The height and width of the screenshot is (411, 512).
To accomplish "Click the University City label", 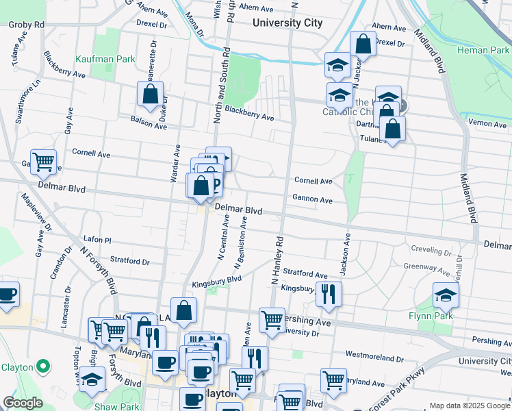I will [287, 23].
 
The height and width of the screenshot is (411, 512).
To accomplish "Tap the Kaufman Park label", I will [105, 60].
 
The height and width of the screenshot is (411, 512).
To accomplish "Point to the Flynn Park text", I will [445, 317].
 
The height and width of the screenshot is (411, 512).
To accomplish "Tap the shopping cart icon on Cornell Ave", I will [43, 162].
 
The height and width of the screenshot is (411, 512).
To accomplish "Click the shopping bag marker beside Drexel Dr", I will [363, 44].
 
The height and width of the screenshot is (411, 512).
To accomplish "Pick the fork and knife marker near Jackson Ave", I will [329, 293].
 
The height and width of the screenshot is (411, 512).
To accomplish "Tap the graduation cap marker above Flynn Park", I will [446, 295].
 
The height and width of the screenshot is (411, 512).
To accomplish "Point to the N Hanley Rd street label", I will [277, 261].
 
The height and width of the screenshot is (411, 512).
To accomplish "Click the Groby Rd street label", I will [27, 25].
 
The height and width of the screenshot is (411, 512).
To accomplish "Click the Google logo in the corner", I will [23, 403].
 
